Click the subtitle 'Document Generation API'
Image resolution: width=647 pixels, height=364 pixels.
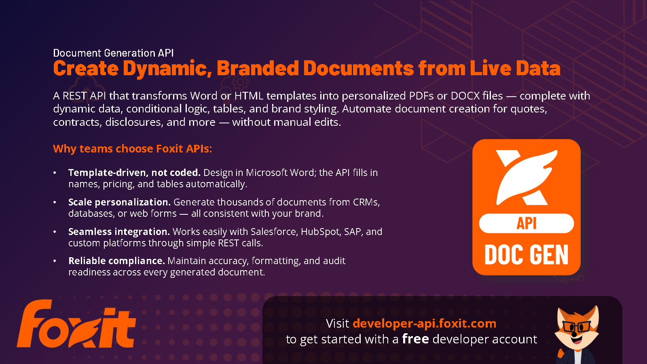113,53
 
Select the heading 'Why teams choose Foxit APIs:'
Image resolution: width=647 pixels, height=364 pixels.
133,149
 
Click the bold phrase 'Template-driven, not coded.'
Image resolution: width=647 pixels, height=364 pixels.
134,173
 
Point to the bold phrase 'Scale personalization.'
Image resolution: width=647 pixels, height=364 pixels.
120,202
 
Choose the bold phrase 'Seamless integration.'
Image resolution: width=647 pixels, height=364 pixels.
119,232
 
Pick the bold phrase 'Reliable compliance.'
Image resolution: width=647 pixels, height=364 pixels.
117,261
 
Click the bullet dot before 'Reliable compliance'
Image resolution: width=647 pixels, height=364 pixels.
55,261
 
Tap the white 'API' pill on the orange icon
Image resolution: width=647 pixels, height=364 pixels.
526,223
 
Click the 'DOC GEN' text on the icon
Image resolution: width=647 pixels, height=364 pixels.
526,254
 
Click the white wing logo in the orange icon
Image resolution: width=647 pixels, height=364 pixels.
526,178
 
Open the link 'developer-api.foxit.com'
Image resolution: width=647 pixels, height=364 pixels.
424,324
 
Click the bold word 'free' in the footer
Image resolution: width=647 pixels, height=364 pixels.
415,339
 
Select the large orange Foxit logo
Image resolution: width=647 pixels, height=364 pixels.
76,324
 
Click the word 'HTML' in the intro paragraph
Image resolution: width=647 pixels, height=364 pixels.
249,96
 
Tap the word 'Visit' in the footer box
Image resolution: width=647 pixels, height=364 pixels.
337,324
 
